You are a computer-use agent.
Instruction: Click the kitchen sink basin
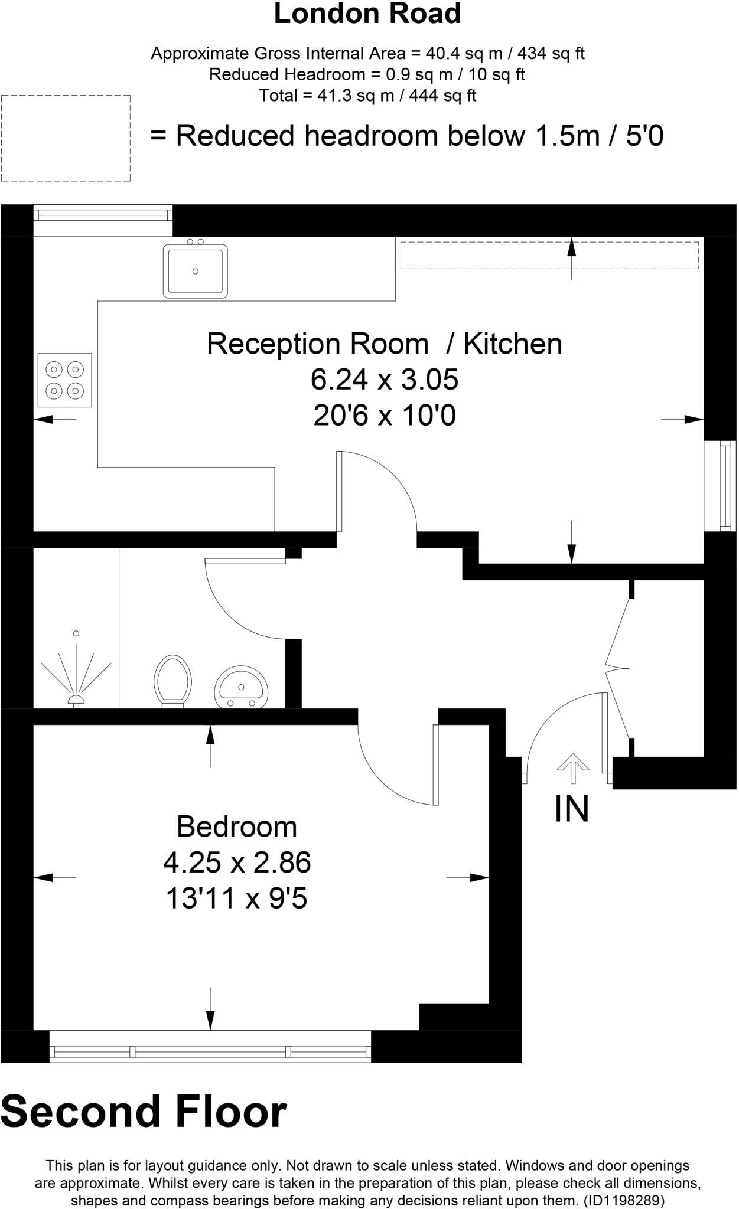196,271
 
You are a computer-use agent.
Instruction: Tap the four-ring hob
65,380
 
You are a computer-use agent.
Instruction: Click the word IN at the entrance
572,809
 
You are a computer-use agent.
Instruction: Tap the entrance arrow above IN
572,769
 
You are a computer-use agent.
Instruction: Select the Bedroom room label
237,826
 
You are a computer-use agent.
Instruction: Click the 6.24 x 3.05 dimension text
385,380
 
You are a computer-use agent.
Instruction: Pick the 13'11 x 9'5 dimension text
237,899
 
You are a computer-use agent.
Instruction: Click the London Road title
367,14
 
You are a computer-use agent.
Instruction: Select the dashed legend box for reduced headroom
66,138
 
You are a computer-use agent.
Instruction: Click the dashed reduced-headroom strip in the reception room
549,255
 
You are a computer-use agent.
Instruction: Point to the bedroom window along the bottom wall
210,1047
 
